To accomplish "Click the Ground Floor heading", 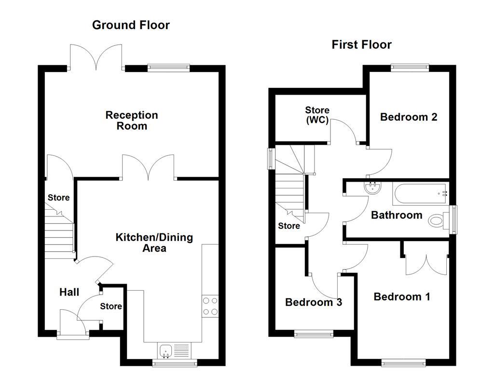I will click(131, 25).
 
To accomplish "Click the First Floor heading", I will click(361, 45).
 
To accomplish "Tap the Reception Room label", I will click(132, 121).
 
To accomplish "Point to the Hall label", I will click(69, 292).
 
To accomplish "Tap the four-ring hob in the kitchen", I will click(210, 305).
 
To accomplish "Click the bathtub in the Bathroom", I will click(420, 194).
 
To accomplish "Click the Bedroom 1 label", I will click(402, 297).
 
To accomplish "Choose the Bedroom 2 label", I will click(409, 117).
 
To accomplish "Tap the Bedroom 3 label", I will click(314, 302).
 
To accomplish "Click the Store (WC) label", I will click(317, 115).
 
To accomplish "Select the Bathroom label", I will click(396, 215).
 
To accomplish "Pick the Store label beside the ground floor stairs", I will click(58, 198).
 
